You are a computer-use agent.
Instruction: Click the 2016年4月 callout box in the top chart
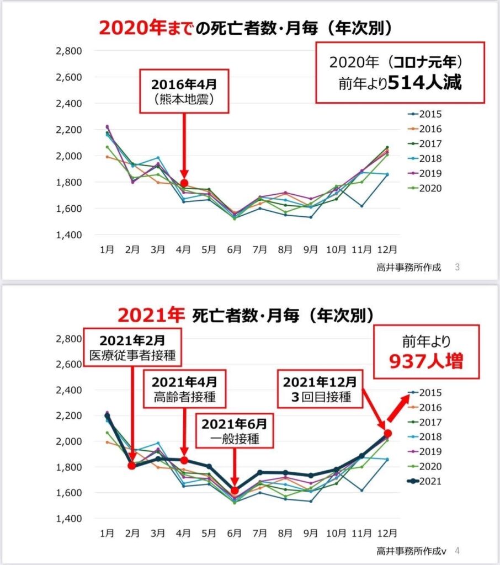coord(184,92)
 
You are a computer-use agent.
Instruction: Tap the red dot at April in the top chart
coord(184,183)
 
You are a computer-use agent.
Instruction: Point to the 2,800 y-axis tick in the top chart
coord(69,51)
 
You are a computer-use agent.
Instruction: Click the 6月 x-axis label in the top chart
coord(235,249)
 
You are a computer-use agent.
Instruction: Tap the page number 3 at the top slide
coord(457,268)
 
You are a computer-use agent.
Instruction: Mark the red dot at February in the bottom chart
coord(132,465)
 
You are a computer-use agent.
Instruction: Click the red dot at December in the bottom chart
coord(387,433)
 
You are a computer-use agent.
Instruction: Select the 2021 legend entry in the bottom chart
coord(426,481)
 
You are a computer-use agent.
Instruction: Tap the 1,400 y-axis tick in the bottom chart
coord(69,519)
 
